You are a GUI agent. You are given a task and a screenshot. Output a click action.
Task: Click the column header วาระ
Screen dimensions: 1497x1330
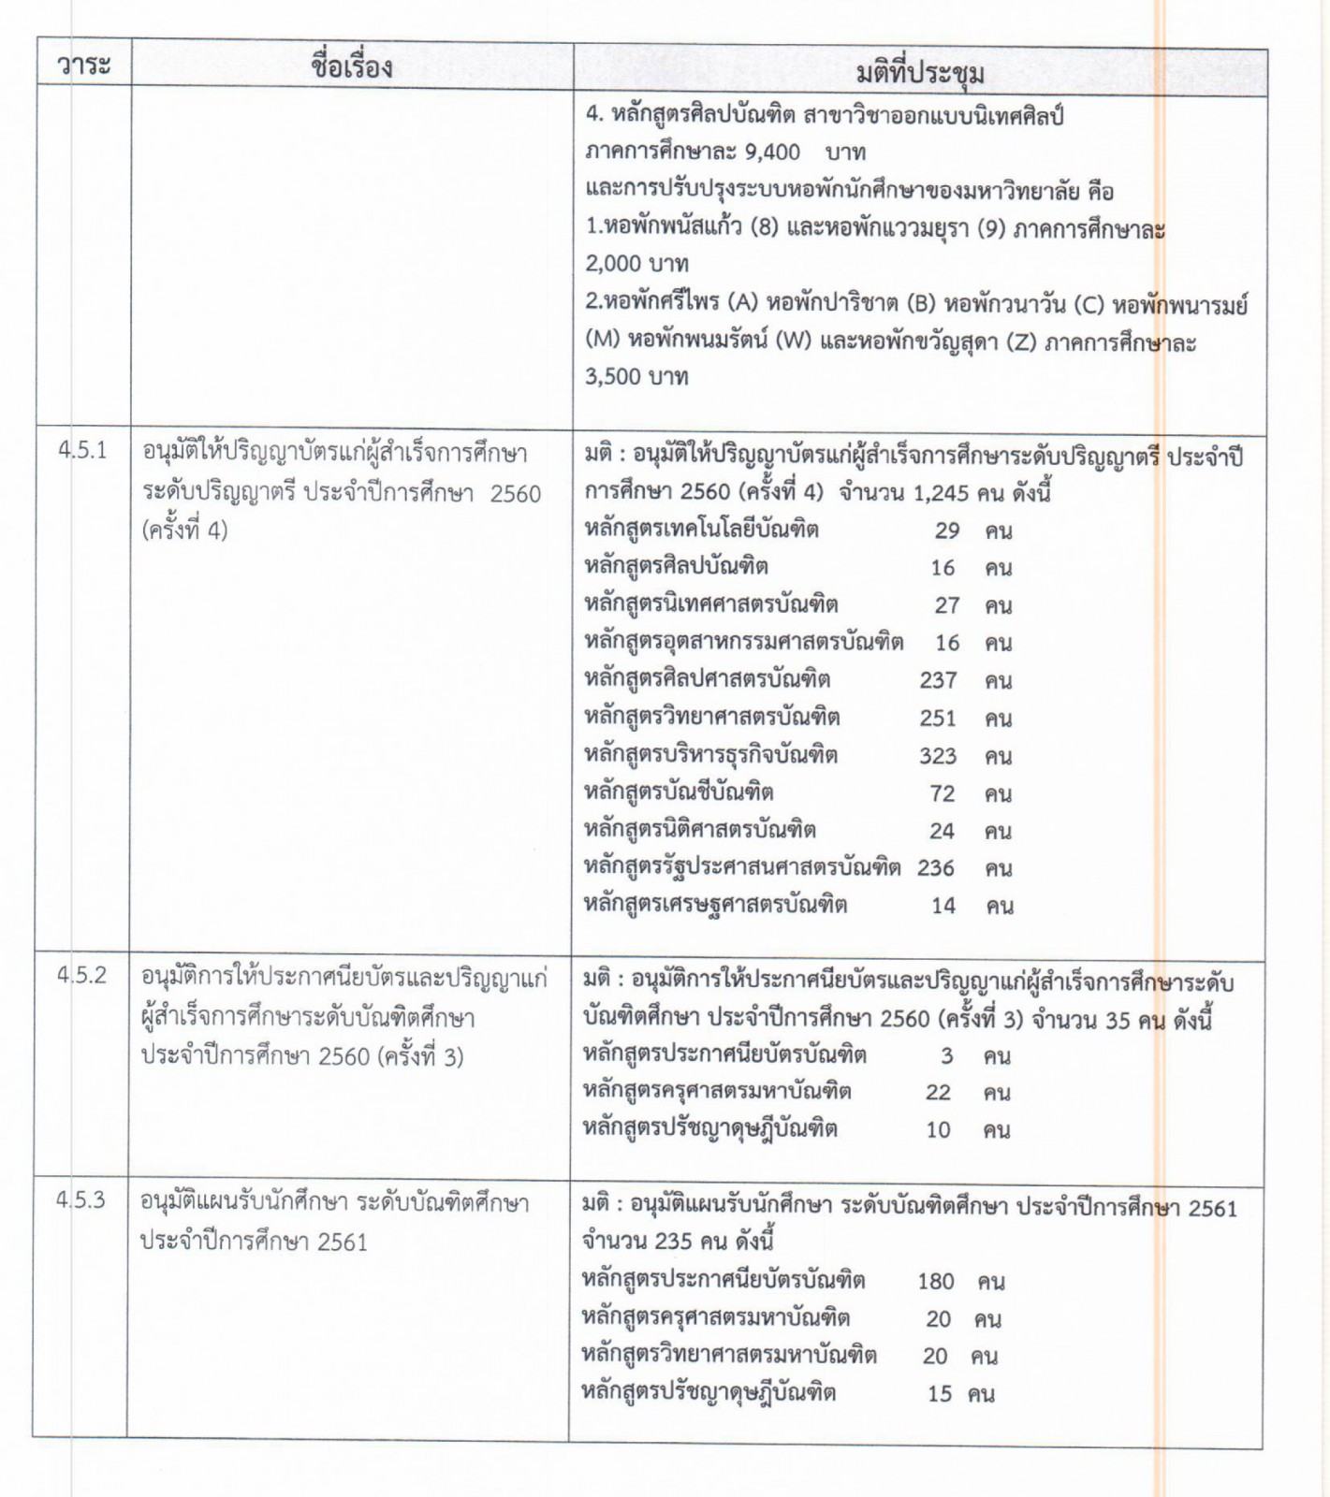click(83, 65)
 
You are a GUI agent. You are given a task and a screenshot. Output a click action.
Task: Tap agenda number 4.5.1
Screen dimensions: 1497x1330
click(82, 450)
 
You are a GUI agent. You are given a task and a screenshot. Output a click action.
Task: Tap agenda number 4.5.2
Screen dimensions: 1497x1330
click(81, 975)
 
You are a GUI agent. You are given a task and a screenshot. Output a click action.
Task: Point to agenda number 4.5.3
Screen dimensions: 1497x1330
click(80, 1200)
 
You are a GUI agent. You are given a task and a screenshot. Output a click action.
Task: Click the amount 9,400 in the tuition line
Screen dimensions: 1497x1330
click(772, 152)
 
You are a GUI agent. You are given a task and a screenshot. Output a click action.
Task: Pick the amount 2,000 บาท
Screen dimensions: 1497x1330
click(636, 264)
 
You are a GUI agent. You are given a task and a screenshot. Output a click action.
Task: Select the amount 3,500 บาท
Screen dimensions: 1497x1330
click(636, 377)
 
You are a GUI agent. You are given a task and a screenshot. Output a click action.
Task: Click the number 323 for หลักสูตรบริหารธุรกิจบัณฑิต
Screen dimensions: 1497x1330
click(938, 756)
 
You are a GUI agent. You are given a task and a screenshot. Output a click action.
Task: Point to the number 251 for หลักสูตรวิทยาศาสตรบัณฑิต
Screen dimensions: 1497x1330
click(938, 719)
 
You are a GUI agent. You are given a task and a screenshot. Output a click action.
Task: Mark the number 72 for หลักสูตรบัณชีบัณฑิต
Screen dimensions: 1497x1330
click(943, 793)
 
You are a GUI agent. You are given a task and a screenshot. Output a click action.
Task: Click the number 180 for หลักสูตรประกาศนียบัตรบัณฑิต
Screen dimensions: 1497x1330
click(936, 1281)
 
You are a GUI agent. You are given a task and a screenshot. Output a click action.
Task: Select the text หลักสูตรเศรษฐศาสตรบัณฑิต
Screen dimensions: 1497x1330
click(716, 905)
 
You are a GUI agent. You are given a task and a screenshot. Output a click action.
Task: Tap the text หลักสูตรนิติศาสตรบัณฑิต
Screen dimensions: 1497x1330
click(700, 830)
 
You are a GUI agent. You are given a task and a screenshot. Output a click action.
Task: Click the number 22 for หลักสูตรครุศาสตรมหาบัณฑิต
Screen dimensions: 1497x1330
click(938, 1092)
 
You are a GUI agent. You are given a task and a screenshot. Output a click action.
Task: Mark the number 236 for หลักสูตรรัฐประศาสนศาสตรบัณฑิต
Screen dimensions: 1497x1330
click(936, 868)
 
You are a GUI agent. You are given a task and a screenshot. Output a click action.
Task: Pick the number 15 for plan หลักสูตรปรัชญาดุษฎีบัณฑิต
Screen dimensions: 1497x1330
click(940, 1394)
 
